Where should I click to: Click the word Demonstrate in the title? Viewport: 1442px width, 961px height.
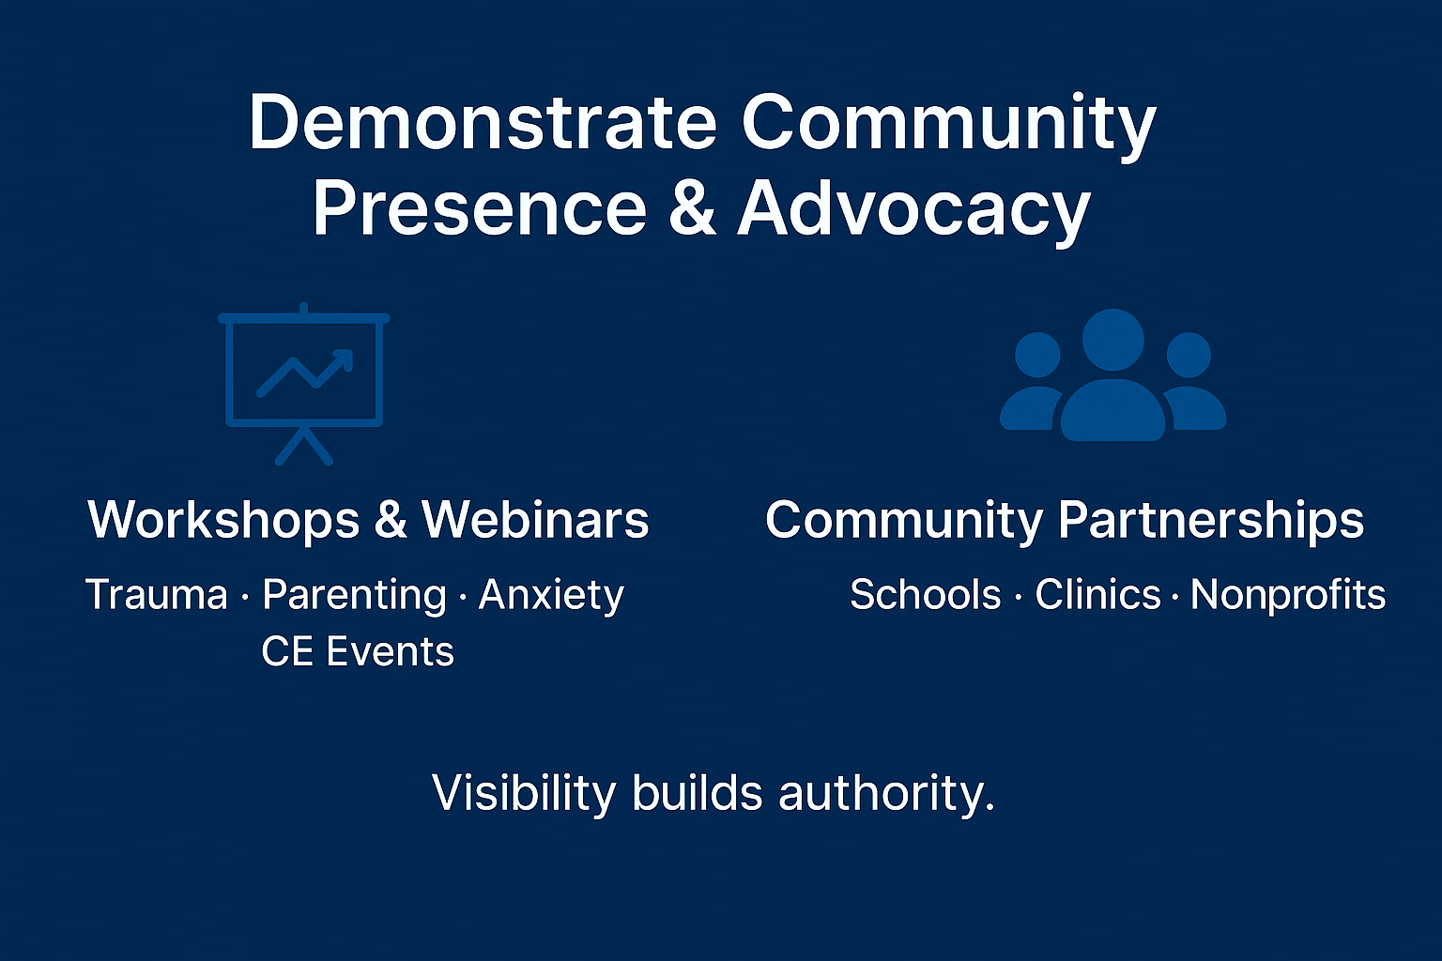tap(483, 122)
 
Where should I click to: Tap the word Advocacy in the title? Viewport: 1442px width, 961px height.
tap(913, 208)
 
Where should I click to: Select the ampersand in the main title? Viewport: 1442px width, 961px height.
tap(693, 208)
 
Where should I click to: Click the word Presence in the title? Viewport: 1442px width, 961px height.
tap(479, 208)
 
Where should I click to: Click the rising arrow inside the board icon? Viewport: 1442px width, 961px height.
tap(306, 373)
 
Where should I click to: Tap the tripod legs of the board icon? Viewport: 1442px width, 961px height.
tap(303, 447)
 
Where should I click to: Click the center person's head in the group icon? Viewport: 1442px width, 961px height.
tap(1112, 339)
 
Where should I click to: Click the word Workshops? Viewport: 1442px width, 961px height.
tap(223, 519)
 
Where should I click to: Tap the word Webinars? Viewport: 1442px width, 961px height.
tap(535, 519)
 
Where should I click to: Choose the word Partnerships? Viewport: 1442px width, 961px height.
tap(1210, 521)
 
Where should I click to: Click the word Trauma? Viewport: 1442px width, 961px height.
tap(157, 595)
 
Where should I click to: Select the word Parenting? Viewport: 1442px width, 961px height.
tap(354, 595)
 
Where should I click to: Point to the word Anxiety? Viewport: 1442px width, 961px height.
tap(551, 595)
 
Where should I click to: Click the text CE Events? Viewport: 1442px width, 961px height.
tap(358, 651)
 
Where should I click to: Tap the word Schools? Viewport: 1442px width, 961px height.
tap(925, 595)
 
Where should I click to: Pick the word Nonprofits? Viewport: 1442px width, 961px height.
tap(1288, 595)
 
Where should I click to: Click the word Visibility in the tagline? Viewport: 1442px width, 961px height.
tap(522, 793)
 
